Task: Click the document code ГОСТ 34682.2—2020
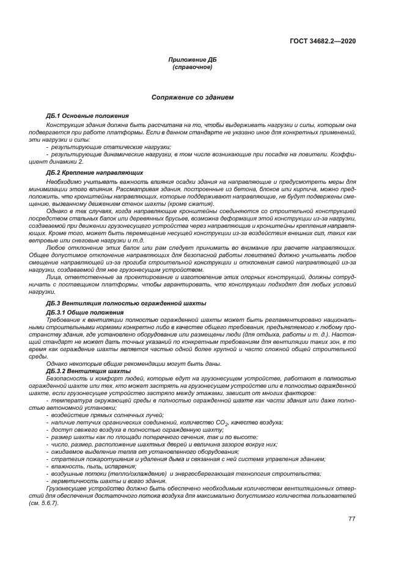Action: coord(323,42)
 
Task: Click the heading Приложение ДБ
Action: coord(193,60)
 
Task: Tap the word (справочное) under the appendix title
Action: coord(193,67)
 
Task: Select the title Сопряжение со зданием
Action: coord(193,97)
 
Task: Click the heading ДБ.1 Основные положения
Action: coord(87,116)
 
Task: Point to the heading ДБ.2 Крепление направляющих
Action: coord(95,173)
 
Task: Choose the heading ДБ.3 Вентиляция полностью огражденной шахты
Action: coord(126,304)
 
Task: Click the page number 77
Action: coord(351,519)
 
